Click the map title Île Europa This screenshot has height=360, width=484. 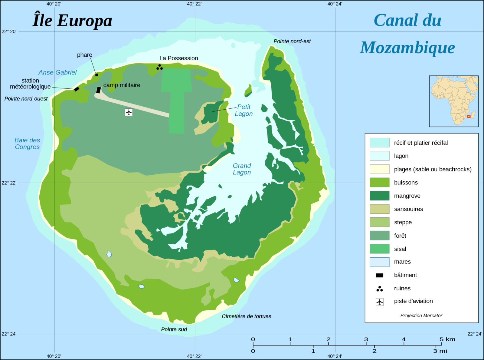coord(72,21)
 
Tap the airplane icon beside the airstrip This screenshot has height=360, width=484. coord(129,112)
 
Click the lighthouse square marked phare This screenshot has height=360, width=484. coord(96,75)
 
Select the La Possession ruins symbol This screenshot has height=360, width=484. coord(159,67)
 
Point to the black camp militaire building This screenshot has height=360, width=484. coord(98,90)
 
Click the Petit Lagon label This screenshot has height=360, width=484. coord(244,110)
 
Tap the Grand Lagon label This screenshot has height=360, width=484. coord(242,169)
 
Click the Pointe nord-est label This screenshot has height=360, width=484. coord(292,41)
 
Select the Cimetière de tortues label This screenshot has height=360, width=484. coord(246,316)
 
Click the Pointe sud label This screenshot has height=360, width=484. coord(174,329)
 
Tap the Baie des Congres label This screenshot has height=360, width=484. coord(27,144)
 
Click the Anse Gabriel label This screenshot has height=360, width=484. coord(57,72)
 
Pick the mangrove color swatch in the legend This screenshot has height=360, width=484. coord(379,196)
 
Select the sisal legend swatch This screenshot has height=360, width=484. coord(379,249)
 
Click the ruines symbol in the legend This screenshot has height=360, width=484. coord(380,289)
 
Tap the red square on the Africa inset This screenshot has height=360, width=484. coord(469,116)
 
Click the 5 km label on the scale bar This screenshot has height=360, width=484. coord(447,339)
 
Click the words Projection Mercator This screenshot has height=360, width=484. coord(421,316)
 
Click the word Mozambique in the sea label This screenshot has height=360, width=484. coord(407,48)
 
